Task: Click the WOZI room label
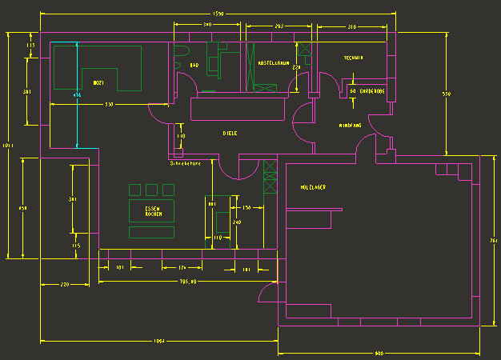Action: tap(98, 82)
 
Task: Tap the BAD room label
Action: tap(194, 65)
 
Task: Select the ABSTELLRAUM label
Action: tap(273, 62)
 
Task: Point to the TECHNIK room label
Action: tap(354, 58)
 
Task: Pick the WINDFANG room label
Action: tap(351, 126)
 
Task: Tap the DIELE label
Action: tap(230, 134)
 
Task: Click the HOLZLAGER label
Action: tap(313, 187)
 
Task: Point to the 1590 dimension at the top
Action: tap(218, 14)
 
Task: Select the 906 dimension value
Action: tap(379, 353)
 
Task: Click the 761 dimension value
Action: tap(493, 239)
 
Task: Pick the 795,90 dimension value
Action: tap(188, 282)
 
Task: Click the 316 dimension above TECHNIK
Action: tap(352, 27)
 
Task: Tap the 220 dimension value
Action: tap(65, 284)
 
